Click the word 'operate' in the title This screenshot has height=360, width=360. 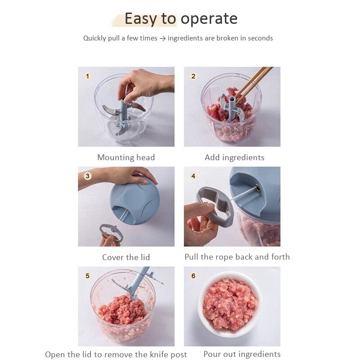click(x=209, y=19)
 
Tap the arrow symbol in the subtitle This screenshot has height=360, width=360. click(x=162, y=39)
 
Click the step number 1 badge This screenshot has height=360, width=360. click(x=88, y=76)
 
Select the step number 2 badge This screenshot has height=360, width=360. click(x=193, y=76)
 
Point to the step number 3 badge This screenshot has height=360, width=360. click(x=88, y=176)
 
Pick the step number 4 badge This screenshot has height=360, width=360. click(x=193, y=176)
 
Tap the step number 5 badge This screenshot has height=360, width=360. click(x=88, y=276)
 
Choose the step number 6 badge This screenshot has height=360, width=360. click(x=193, y=276)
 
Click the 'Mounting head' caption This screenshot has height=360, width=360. click(x=126, y=157)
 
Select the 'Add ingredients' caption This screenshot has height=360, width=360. click(x=234, y=157)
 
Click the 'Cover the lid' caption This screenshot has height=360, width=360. click(x=126, y=257)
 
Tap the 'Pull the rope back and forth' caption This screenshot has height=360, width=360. click(x=237, y=257)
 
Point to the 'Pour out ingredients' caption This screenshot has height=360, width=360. click(x=242, y=354)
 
